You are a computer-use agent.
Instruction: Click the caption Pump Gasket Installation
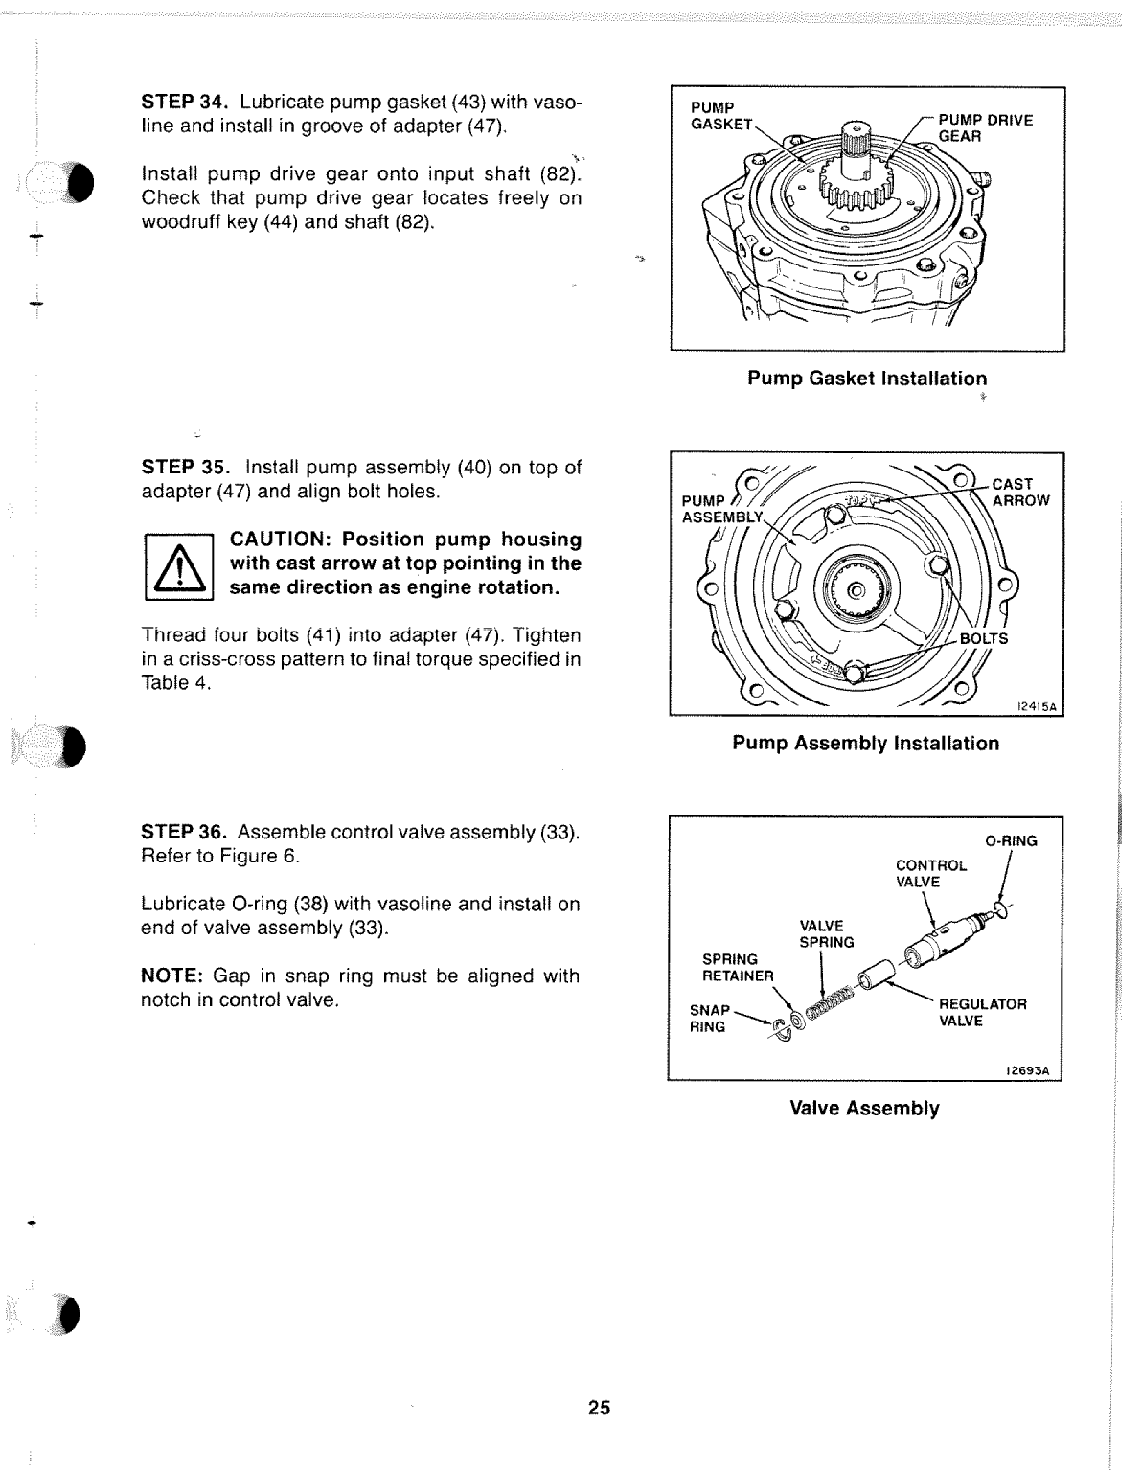tap(866, 379)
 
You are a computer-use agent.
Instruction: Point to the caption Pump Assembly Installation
tap(865, 744)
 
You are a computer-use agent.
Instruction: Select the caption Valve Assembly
tap(864, 1109)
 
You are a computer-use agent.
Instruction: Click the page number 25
tap(599, 1408)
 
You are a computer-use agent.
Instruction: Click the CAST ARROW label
tap(1019, 493)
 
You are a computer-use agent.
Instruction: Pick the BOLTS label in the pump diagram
tap(983, 639)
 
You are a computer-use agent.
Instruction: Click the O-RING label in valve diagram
tap(1011, 841)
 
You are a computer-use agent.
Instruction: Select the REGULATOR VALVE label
tap(981, 1013)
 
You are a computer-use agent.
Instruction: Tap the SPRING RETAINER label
tap(737, 968)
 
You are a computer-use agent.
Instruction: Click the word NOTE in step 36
tap(171, 976)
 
